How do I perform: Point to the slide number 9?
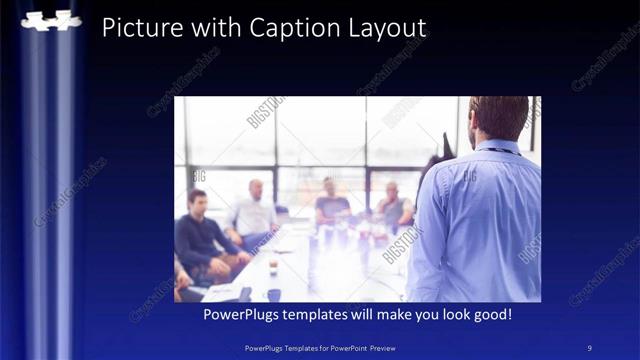click(x=590, y=347)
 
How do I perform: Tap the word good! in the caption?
click(x=492, y=315)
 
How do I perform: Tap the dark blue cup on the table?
click(x=273, y=294)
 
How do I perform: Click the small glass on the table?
click(x=272, y=267)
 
